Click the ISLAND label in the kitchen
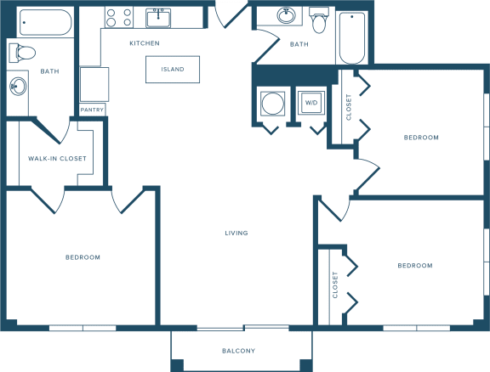point(173,70)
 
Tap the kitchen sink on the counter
point(158,18)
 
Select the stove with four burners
point(119,17)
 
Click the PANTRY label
point(92,110)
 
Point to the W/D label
point(311,103)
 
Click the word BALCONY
point(238,351)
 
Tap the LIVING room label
point(236,233)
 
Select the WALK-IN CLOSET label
point(57,159)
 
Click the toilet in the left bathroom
point(22,53)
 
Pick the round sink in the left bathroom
point(18,86)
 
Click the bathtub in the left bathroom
point(46,22)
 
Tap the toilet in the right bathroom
point(319,20)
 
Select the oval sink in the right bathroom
point(286,15)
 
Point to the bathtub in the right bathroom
point(352,38)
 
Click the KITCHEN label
point(145,43)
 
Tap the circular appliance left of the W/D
point(273,104)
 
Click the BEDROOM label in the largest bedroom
point(83,257)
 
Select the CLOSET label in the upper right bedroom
point(349,107)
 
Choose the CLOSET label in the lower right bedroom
point(335,285)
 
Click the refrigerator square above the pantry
point(94,84)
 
